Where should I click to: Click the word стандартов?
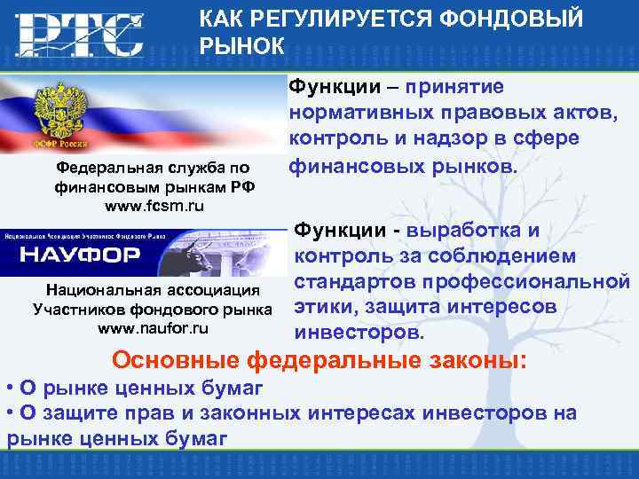point(356,282)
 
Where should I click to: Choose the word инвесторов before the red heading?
point(359,333)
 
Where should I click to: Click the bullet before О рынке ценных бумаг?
point(8,388)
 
